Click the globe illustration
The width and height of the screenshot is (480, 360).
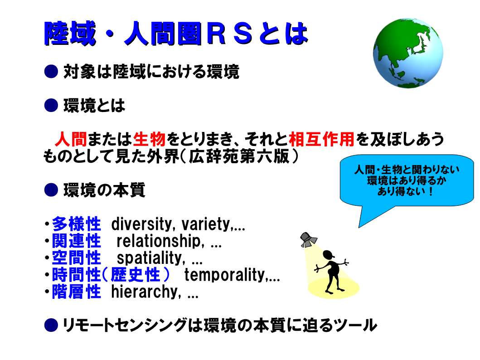tap(408, 53)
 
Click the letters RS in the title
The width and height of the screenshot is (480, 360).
tap(229, 33)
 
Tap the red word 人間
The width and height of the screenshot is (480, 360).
tap(71, 139)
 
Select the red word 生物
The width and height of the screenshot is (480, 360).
tap(150, 139)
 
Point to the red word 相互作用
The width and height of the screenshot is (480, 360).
tap(321, 139)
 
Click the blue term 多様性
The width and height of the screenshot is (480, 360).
tap(76, 224)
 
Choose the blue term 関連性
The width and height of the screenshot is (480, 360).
tap(76, 241)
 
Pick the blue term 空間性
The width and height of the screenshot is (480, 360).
tap(76, 258)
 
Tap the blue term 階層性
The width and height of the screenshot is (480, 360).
tap(76, 292)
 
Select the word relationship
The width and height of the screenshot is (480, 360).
tap(159, 241)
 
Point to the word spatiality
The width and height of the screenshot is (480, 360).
tap(150, 258)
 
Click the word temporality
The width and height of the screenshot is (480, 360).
tap(225, 275)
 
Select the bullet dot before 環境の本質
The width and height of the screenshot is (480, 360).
tap(51, 190)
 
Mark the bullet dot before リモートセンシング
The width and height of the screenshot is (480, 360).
tap(51, 325)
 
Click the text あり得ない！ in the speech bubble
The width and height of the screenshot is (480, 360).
tap(405, 191)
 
